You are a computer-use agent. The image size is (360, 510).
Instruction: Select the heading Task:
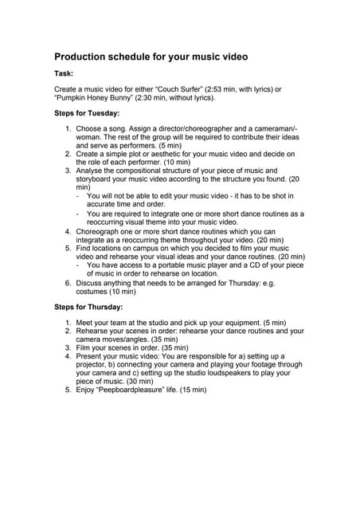tap(65, 73)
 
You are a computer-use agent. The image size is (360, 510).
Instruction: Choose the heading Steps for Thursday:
tap(88, 305)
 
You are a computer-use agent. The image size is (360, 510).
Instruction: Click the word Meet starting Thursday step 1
tap(86, 321)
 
